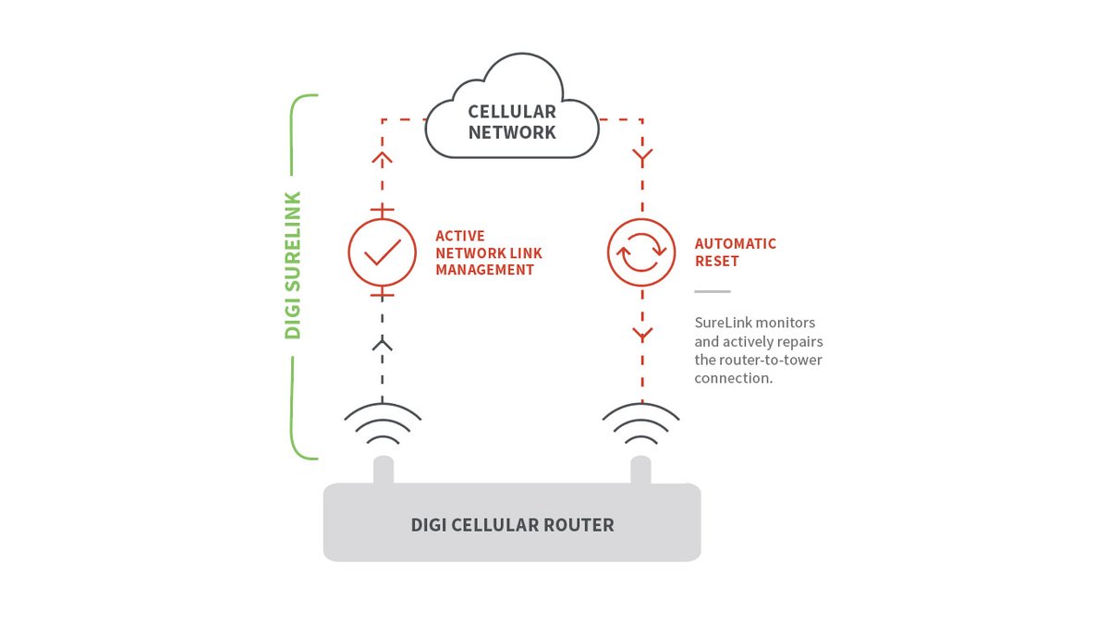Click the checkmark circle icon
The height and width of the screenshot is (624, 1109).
pos(383,252)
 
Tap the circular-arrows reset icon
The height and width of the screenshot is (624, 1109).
pos(641,252)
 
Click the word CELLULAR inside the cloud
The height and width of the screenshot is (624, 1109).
pos(512,112)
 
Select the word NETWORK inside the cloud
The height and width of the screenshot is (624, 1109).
pos(512,132)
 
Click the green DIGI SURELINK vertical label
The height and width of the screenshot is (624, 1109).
pos(293,265)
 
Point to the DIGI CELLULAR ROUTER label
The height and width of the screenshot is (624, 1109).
pos(512,525)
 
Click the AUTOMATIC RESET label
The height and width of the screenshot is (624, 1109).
pos(735,252)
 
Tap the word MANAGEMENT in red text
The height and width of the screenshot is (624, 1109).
pos(484,270)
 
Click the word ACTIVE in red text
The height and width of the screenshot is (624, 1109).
pos(460,236)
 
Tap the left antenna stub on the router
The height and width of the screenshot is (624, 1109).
pos(383,470)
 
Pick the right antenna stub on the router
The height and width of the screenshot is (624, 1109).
pos(641,470)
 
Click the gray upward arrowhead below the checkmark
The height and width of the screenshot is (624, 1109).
pos(383,345)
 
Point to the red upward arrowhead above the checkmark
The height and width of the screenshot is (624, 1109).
pos(383,157)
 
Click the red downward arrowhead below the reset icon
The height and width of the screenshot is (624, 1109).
pos(641,333)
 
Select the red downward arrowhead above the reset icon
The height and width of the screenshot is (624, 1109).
pos(641,157)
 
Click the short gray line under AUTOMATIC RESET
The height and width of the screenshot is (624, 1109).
pos(712,291)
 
